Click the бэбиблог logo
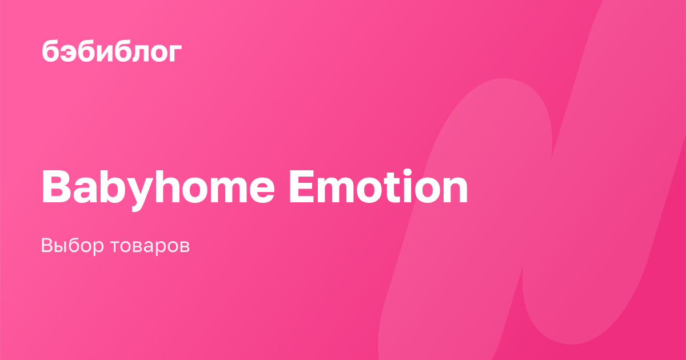[x=111, y=50]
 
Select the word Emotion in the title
[x=378, y=186]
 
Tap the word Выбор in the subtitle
[x=72, y=246]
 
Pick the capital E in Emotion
[x=302, y=186]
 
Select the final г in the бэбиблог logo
[x=175, y=53]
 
